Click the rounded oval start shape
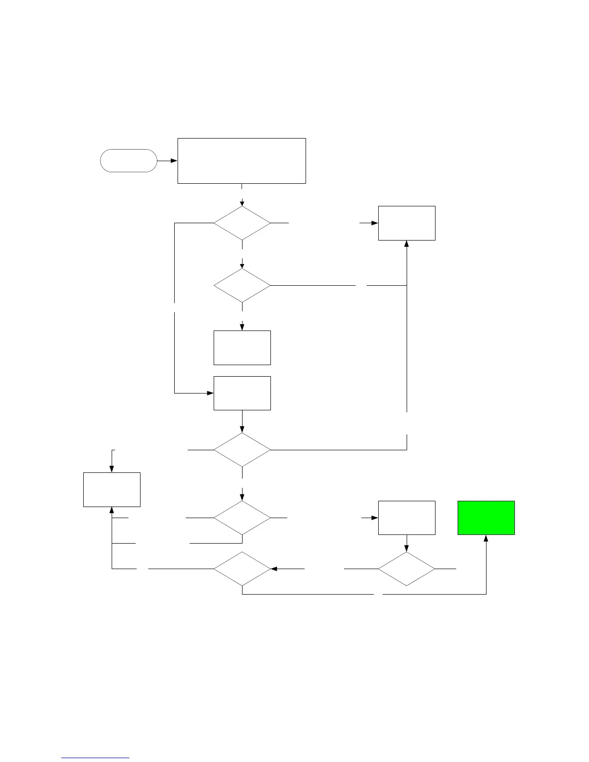tap(128, 161)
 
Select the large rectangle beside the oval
tap(242, 161)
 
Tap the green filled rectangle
tap(486, 518)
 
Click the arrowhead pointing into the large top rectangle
tap(174, 161)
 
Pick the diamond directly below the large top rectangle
tap(242, 223)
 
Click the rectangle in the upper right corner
tap(407, 223)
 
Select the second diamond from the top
tap(242, 285)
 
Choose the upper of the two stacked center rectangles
tap(242, 347)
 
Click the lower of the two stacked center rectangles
tap(242, 393)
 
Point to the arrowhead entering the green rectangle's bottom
tap(486, 538)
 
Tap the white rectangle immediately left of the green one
tap(407, 518)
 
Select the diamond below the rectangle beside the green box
tap(407, 569)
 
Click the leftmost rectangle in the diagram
tap(112, 489)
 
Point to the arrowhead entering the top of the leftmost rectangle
tap(112, 469)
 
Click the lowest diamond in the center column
tap(242, 569)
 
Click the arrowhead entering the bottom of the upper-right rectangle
tap(407, 244)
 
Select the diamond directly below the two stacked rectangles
tap(242, 450)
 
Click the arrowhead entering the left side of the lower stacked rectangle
tap(210, 393)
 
